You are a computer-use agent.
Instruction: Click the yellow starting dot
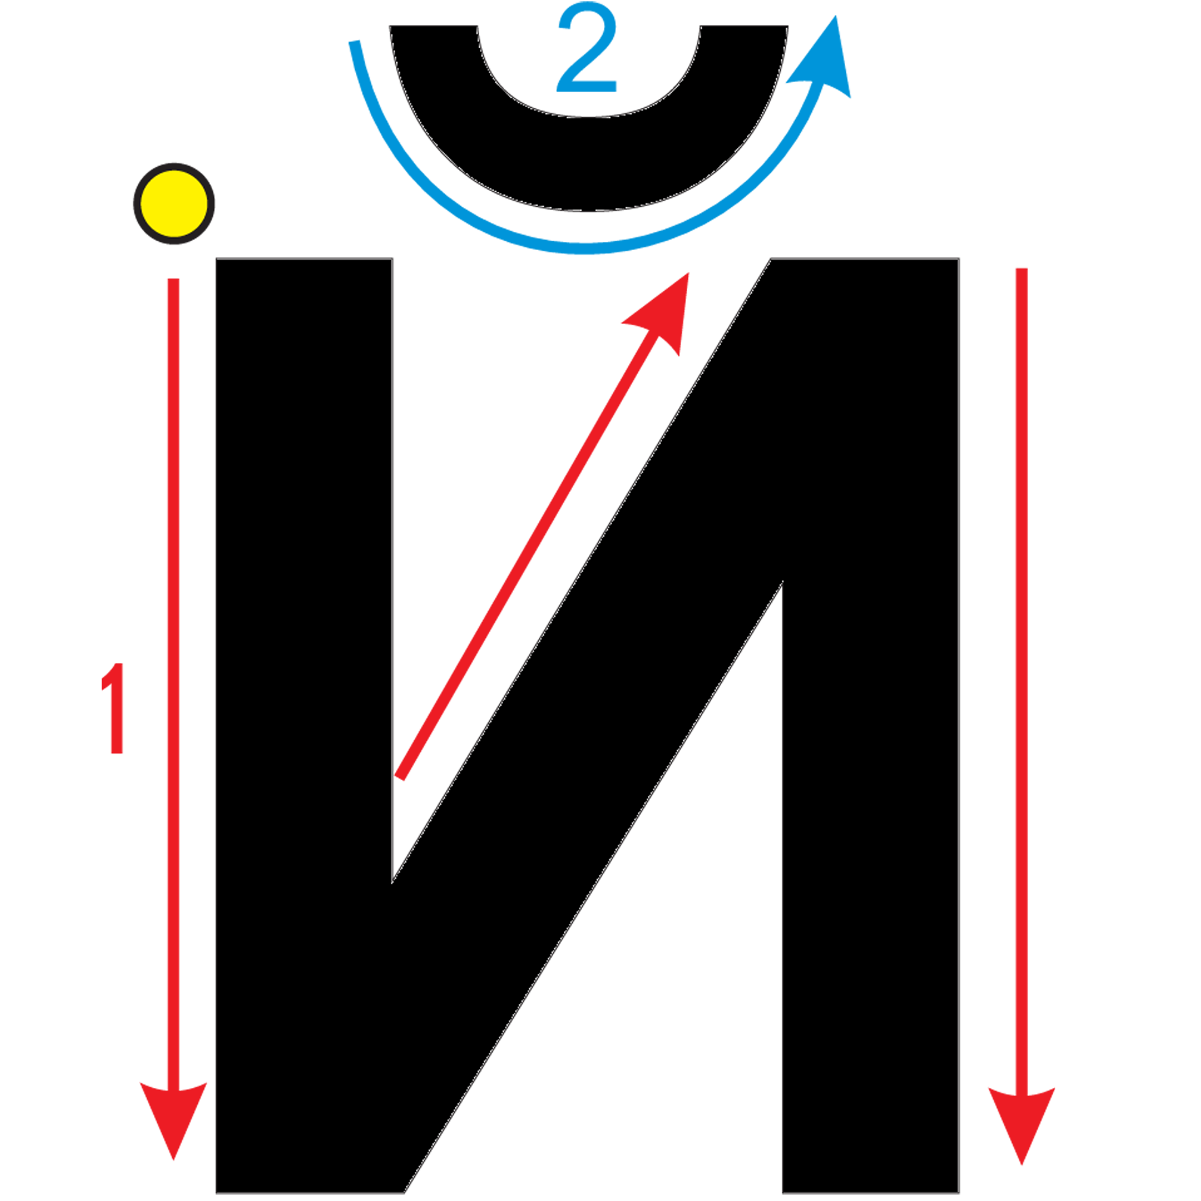pyautogui.click(x=174, y=203)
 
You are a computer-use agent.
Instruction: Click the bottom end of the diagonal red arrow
pyautogui.click(x=400, y=777)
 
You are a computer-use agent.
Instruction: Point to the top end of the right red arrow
pyautogui.click(x=1022, y=270)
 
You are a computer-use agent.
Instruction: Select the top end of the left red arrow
pyautogui.click(x=174, y=279)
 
